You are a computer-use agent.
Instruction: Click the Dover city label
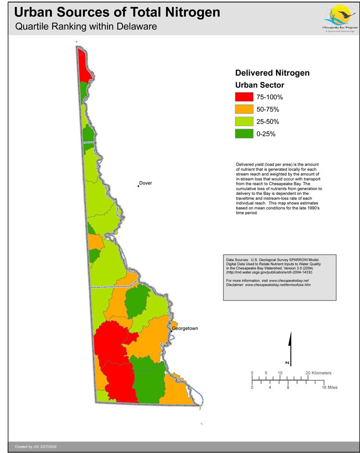[x=146, y=183]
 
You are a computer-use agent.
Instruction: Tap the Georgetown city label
[x=185, y=328]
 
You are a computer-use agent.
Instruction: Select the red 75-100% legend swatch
[x=244, y=97]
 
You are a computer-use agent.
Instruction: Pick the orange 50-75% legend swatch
[x=244, y=109]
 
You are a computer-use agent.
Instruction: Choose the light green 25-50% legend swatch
[x=244, y=122]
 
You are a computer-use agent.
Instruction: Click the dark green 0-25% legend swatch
[x=244, y=134]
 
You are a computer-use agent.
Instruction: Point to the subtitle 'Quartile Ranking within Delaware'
[x=86, y=27]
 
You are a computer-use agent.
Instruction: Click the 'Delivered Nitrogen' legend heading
[x=272, y=73]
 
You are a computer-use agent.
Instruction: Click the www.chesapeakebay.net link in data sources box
[x=288, y=280]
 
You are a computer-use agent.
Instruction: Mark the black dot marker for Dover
[x=138, y=186]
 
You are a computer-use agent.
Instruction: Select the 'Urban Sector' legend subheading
[x=260, y=85]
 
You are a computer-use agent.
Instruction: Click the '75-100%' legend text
[x=270, y=97]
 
